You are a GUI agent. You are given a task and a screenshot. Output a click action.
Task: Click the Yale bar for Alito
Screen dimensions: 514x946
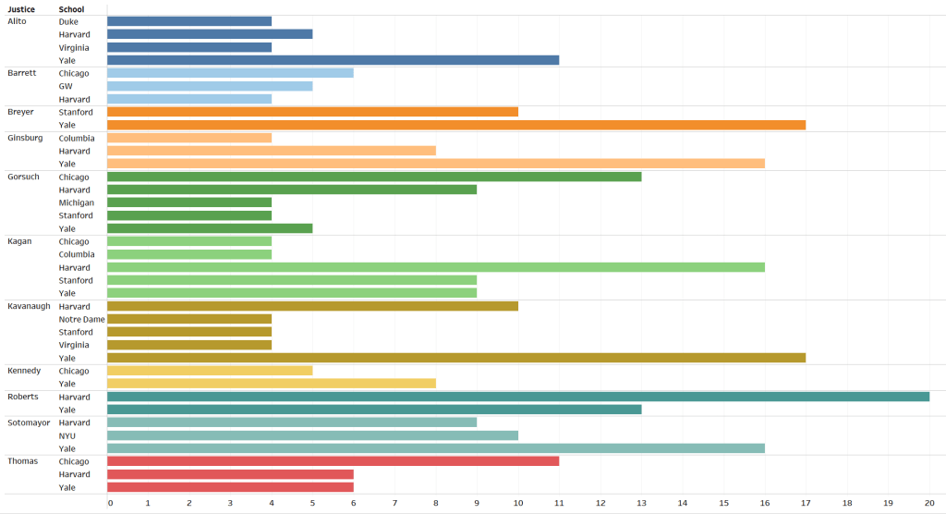coord(333,60)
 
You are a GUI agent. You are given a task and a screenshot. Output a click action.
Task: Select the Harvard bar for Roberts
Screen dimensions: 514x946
coord(517,397)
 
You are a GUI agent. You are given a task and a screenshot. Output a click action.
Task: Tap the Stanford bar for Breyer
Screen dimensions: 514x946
coord(312,112)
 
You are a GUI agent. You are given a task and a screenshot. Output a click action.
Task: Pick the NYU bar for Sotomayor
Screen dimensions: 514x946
coord(312,435)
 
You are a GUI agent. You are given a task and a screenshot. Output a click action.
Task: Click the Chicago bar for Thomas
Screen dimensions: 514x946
coord(333,461)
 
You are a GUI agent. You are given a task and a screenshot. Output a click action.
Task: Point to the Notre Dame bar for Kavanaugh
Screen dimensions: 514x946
coord(189,319)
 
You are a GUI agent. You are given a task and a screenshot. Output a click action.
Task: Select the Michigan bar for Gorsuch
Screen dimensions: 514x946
coord(189,202)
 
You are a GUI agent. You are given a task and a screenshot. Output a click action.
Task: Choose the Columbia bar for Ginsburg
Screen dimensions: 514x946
coord(189,138)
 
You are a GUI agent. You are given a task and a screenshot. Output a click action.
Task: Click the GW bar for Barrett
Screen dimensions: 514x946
coord(210,86)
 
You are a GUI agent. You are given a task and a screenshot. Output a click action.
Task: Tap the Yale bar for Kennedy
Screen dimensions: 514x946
coord(271,384)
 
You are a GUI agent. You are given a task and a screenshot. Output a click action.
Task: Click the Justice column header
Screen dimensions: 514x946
coord(22,9)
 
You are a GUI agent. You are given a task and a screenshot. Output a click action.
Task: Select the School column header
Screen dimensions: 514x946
coord(71,9)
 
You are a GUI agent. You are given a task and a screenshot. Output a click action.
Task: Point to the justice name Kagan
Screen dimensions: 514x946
coord(19,241)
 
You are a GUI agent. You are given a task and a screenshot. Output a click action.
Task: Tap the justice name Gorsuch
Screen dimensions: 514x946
coord(23,177)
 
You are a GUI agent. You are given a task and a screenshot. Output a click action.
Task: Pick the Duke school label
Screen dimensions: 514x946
coord(68,21)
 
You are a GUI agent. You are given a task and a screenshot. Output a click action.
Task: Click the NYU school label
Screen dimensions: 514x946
coord(67,435)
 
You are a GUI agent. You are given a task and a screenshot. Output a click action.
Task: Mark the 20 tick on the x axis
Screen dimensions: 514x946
coord(929,503)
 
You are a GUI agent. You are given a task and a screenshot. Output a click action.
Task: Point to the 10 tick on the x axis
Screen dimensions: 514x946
coord(518,503)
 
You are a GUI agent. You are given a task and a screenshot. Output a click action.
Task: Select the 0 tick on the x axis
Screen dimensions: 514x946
coord(110,503)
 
